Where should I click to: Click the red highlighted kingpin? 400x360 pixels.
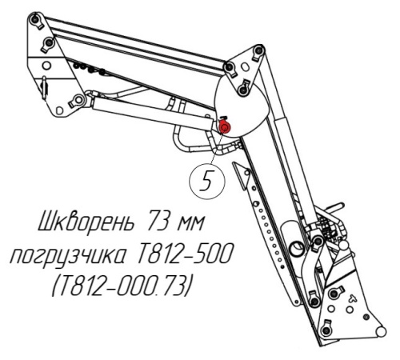click(x=224, y=128)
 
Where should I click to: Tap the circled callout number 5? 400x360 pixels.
click(x=207, y=182)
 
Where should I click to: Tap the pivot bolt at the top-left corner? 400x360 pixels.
click(x=34, y=19)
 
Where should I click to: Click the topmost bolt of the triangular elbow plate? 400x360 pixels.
click(x=258, y=50)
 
